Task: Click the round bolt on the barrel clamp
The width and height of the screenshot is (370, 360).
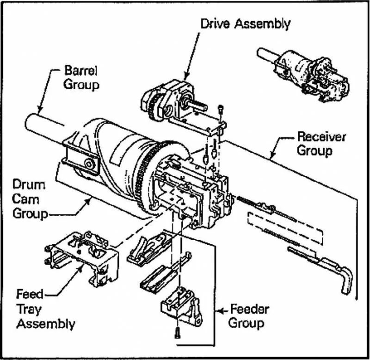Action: [x=89, y=163]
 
